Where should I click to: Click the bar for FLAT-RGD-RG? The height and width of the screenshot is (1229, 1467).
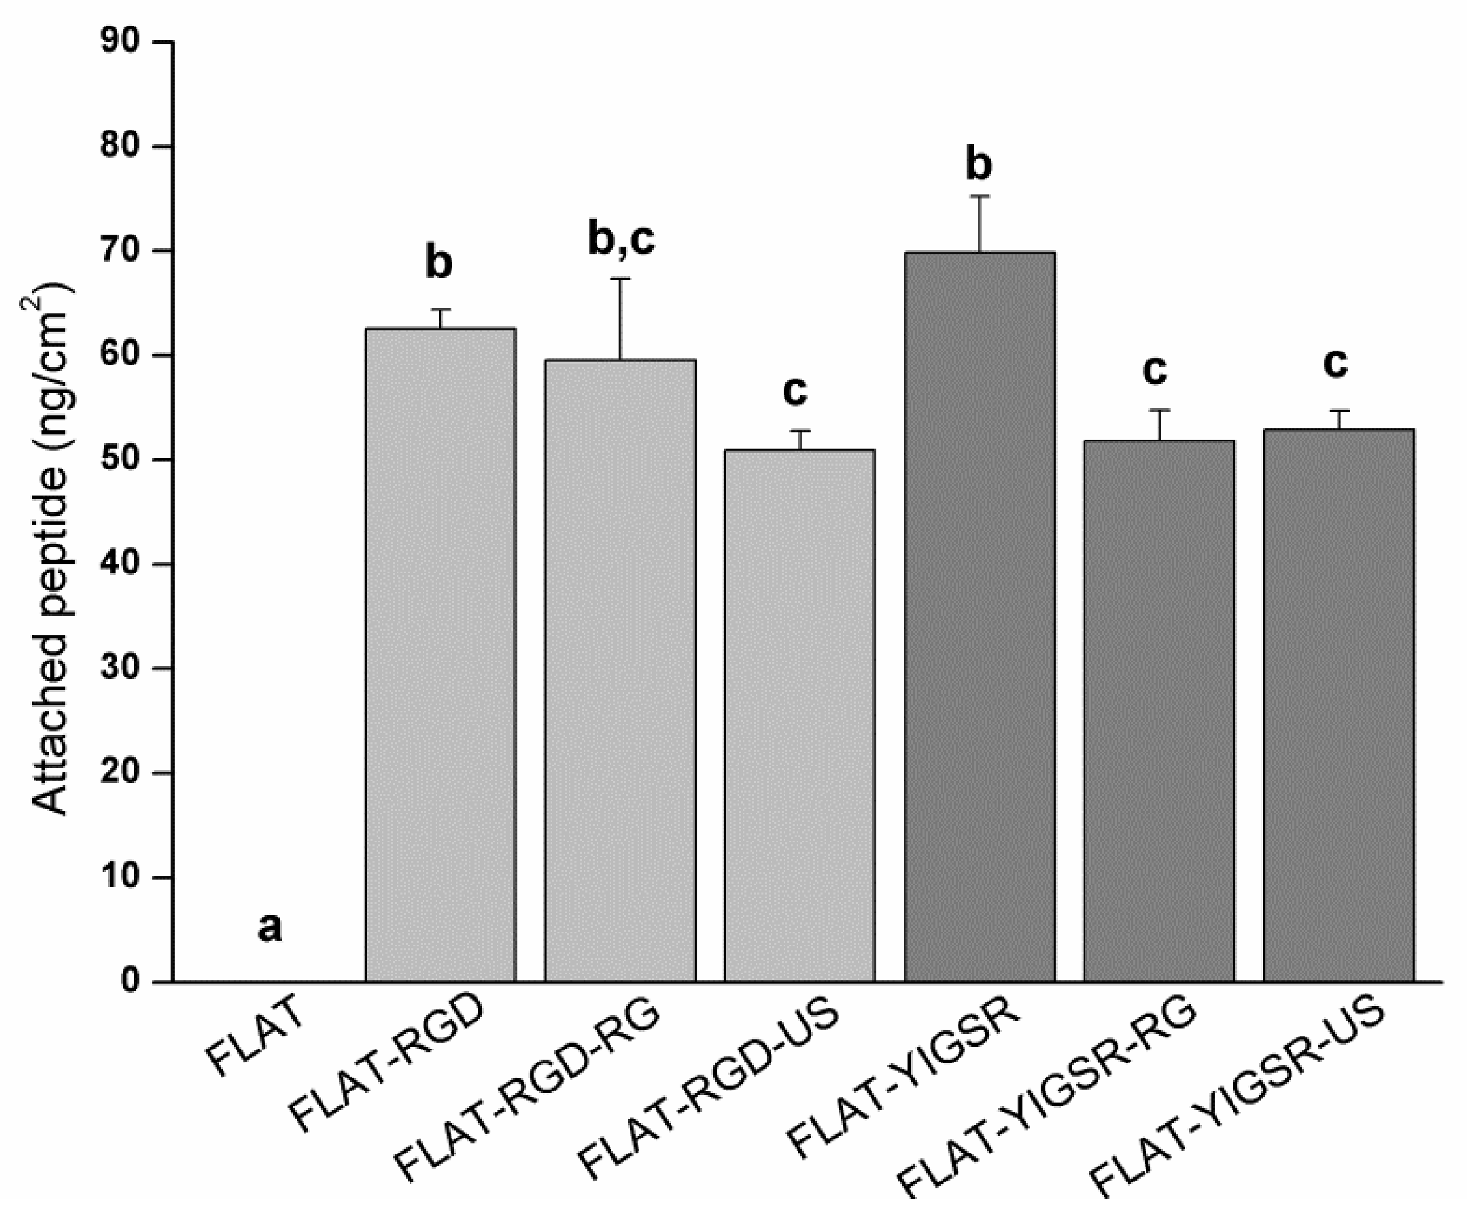point(621,671)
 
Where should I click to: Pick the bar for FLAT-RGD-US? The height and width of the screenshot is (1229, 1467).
point(799,716)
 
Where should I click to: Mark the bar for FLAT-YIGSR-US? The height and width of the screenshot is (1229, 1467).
point(1339,705)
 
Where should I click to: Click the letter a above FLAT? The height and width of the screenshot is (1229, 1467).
point(270,929)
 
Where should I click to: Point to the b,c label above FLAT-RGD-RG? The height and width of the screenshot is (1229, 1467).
point(621,240)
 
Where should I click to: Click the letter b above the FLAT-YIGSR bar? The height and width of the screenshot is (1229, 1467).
point(979,165)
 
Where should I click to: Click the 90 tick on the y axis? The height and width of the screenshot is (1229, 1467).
point(120,42)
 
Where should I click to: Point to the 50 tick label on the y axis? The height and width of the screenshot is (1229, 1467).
point(120,460)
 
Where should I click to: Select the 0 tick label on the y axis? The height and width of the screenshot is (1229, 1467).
point(130,982)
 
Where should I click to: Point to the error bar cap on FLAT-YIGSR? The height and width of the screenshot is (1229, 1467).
point(980,196)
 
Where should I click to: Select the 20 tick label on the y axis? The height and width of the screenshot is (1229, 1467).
point(120,773)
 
